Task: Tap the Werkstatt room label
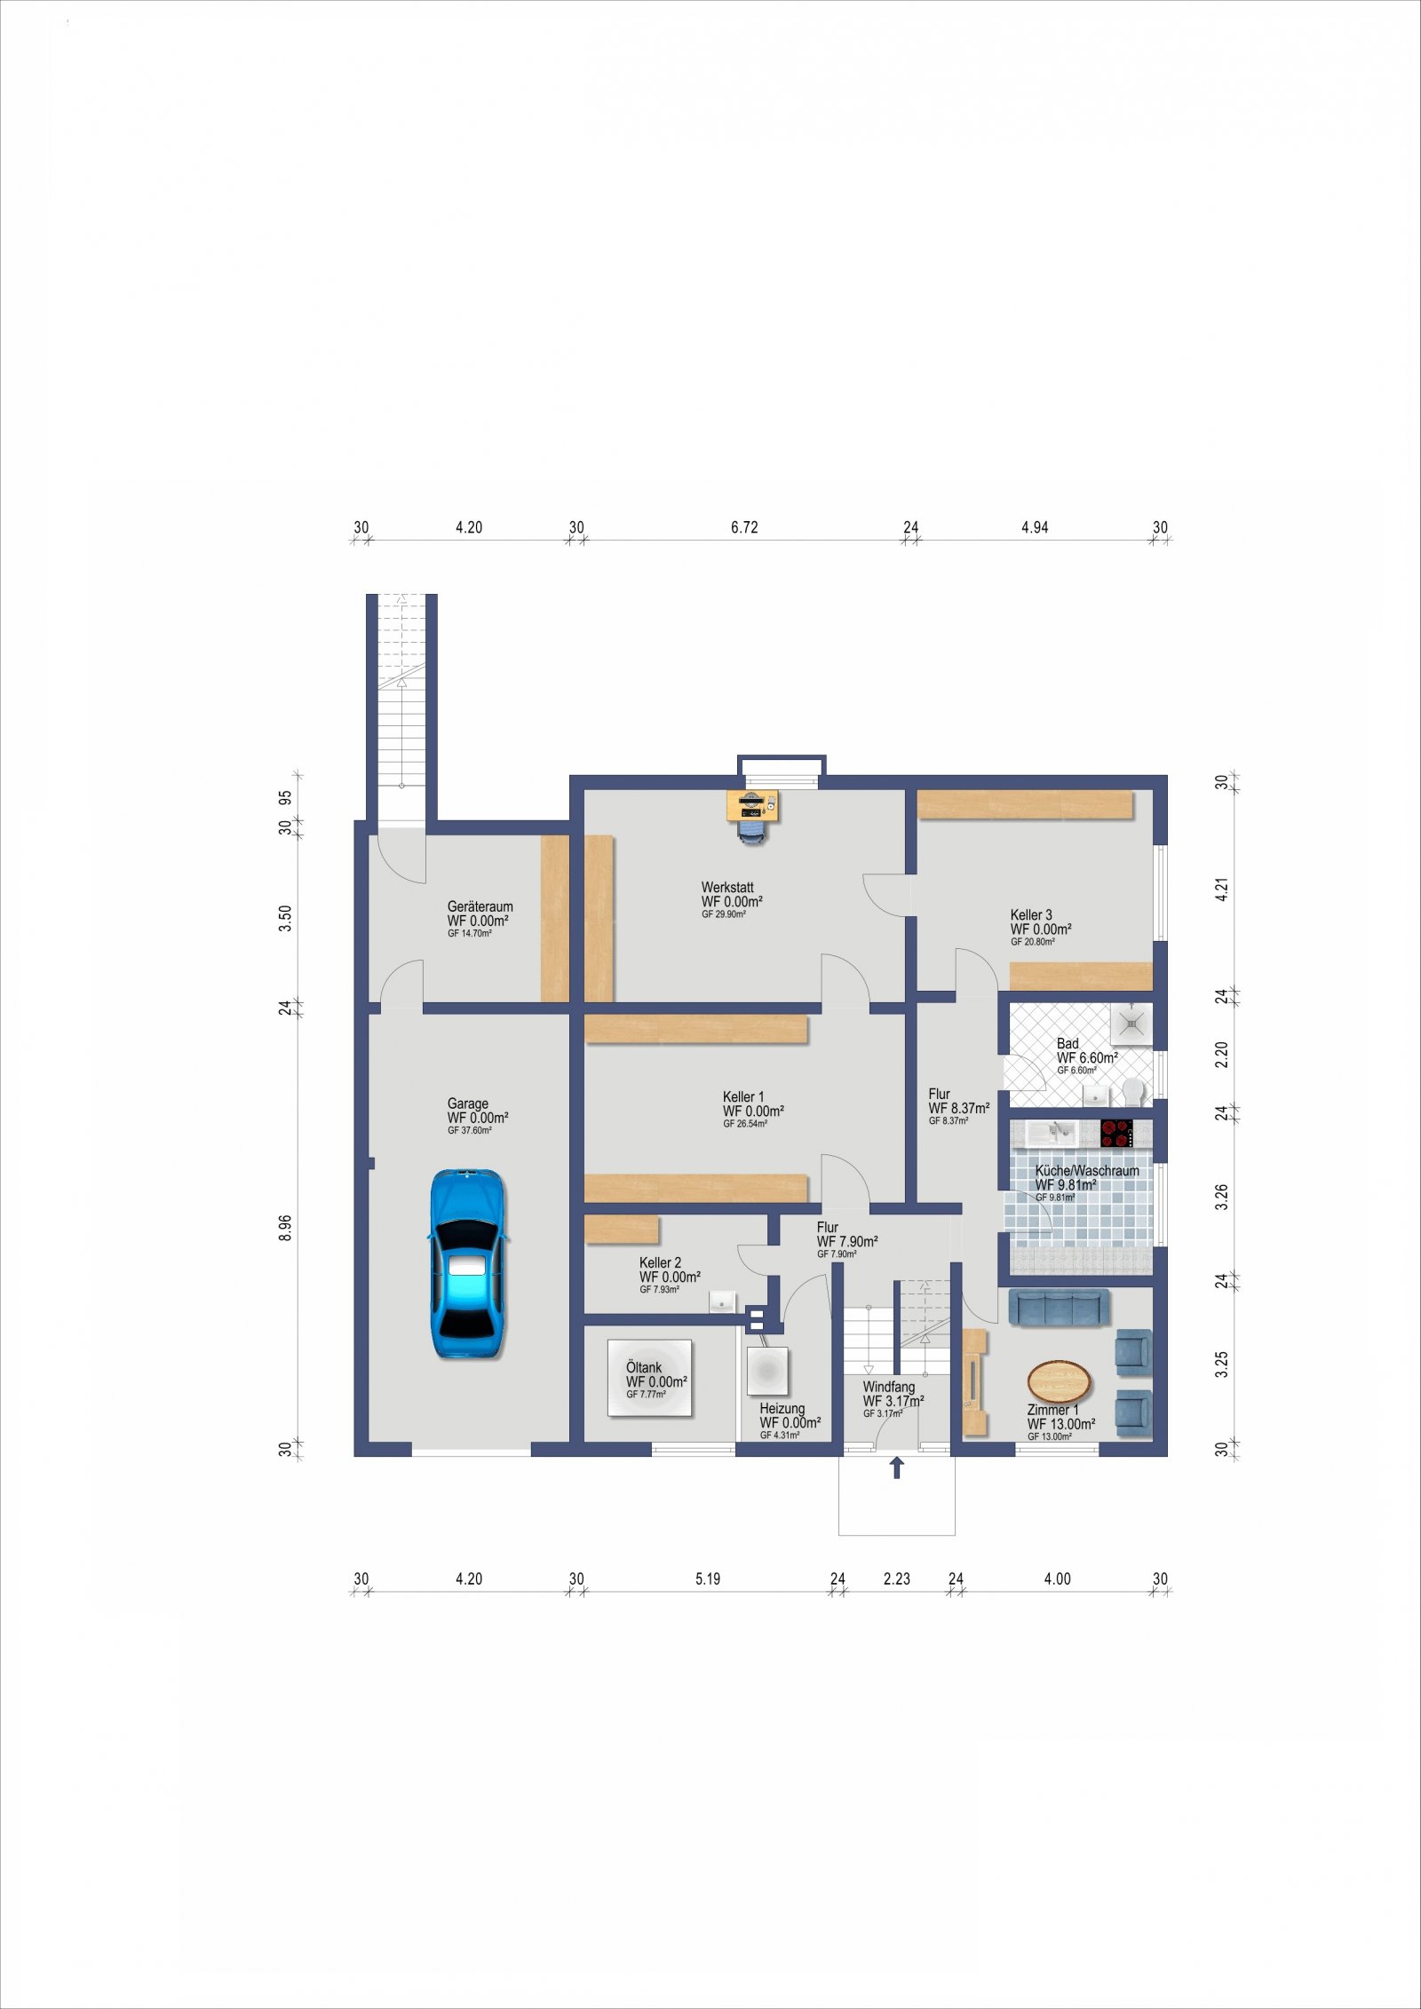pos(727,887)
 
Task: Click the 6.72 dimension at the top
pos(744,527)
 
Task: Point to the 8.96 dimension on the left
pos(285,1227)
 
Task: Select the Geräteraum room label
pos(480,906)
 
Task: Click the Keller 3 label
pos(1031,914)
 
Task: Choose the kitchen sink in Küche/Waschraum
pos(1051,1133)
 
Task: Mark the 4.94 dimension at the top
pos(1035,527)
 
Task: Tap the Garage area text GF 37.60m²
pos(470,1130)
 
